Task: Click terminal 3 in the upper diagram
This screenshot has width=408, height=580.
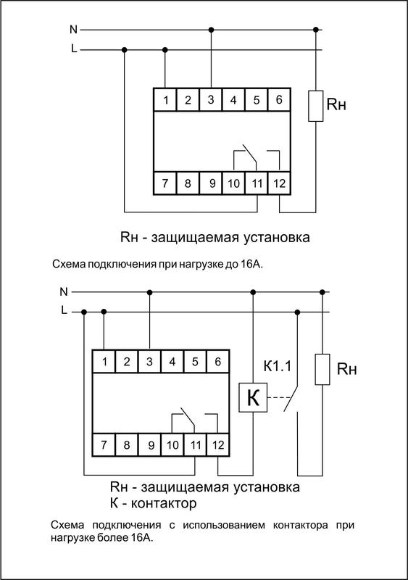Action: pyautogui.click(x=211, y=100)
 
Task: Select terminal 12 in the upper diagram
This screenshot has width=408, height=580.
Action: pyautogui.click(x=278, y=183)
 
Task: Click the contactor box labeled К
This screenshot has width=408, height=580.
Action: pyautogui.click(x=253, y=398)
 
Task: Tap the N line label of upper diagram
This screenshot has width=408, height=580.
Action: pyautogui.click(x=73, y=30)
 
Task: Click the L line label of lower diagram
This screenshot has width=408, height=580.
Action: pyautogui.click(x=64, y=311)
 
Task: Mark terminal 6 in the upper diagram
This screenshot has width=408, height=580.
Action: pyautogui.click(x=278, y=100)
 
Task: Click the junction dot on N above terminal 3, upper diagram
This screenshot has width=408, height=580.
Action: pyautogui.click(x=211, y=30)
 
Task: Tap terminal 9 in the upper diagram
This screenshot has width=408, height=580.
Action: pyautogui.click(x=211, y=183)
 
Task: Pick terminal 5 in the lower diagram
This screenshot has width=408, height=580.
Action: pyautogui.click(x=194, y=360)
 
